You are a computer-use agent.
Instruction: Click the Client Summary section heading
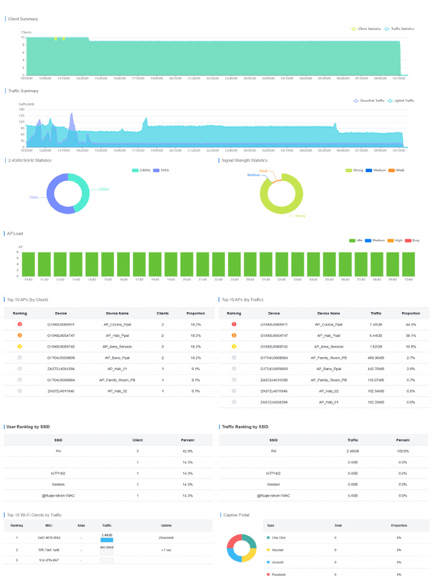(x=23, y=19)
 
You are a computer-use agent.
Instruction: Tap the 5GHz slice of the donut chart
(x=54, y=197)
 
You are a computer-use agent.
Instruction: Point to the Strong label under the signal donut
(x=300, y=216)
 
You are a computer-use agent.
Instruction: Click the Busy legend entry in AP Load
(x=416, y=240)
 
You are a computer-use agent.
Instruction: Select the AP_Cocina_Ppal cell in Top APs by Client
(x=117, y=325)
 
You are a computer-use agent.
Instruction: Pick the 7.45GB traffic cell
(x=376, y=325)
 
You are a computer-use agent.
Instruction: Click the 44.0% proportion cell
(x=410, y=325)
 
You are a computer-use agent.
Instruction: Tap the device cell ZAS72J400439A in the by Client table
(x=61, y=369)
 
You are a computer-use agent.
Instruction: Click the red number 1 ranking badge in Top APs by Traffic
(x=233, y=325)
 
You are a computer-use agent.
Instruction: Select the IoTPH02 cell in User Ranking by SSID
(x=59, y=473)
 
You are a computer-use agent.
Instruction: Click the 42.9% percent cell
(x=188, y=451)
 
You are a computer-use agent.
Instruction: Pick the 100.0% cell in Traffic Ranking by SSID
(x=403, y=451)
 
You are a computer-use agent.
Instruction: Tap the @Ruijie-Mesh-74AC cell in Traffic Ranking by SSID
(x=273, y=495)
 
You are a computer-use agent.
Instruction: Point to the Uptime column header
(x=166, y=525)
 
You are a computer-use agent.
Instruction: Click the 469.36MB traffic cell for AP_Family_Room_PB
(x=376, y=358)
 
